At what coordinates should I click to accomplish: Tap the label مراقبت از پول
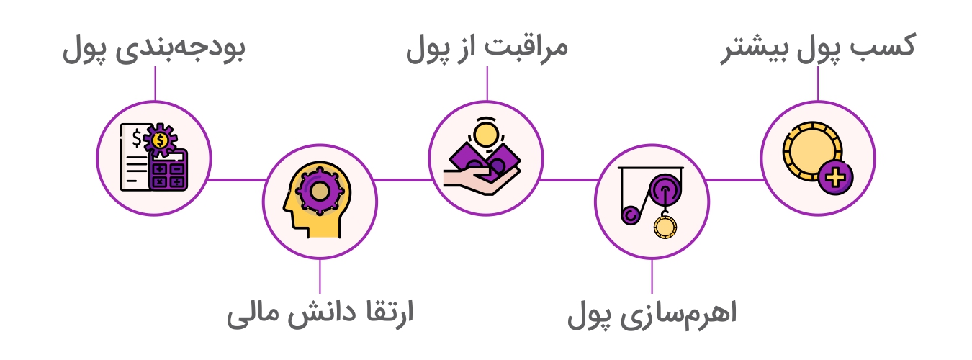point(487,48)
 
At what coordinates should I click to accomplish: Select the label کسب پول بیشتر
point(818,48)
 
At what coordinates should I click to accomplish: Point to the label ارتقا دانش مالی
point(320,313)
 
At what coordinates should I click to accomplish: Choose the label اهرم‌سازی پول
point(652,313)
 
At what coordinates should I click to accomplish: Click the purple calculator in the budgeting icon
point(168,171)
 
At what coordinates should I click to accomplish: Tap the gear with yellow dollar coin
point(160,139)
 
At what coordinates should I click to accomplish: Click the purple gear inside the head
point(320,192)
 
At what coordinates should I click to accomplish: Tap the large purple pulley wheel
point(665,190)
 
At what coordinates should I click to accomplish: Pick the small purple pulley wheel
point(631,215)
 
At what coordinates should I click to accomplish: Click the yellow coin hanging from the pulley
point(665,227)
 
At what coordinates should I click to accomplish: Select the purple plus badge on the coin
point(836,177)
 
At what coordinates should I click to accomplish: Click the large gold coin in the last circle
point(812,151)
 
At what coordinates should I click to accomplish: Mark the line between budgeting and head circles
point(237,179)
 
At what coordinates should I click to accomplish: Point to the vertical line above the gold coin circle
point(818,84)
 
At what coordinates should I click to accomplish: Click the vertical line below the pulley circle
point(652,276)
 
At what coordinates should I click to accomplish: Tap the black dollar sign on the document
point(137,138)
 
